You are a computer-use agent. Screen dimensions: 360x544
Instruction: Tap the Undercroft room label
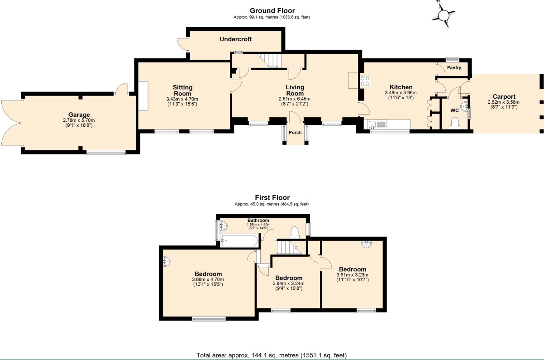click(235, 39)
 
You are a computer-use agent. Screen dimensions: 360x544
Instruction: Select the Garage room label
click(76, 115)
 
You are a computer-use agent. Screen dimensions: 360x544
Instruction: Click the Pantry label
click(454, 68)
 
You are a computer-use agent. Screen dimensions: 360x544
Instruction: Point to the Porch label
click(295, 133)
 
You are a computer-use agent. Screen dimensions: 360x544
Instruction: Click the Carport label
click(504, 96)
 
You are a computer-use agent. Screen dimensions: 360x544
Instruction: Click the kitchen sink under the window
click(373, 125)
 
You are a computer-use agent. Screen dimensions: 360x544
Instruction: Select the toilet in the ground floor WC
click(456, 123)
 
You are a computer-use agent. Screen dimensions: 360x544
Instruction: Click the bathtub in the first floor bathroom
click(239, 241)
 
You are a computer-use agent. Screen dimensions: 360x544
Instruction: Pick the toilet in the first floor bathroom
click(295, 232)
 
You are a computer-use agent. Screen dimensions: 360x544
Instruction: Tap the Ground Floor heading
click(272, 10)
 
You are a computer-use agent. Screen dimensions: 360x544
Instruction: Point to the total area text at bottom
click(272, 355)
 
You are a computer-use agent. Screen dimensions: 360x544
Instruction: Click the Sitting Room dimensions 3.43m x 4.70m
click(182, 99)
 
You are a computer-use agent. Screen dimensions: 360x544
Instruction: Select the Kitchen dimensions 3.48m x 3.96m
click(401, 93)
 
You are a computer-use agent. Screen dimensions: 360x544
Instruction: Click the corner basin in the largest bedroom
click(167, 262)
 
